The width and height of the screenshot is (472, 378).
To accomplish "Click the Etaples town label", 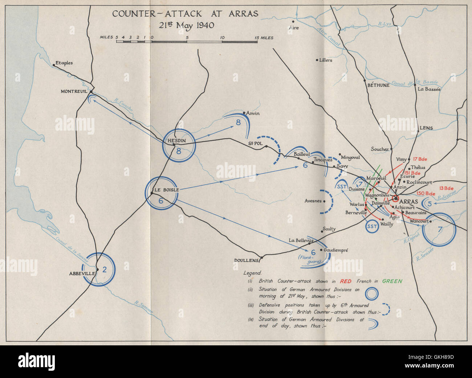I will click(x=65, y=63).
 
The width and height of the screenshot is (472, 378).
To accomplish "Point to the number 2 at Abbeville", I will click(x=105, y=269).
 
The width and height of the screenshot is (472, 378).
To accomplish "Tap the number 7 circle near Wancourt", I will click(x=440, y=229).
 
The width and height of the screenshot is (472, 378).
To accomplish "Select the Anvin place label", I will click(x=253, y=113).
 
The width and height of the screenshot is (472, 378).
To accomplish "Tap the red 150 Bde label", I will click(x=426, y=193).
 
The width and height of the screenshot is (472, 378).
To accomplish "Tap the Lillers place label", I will click(x=325, y=60).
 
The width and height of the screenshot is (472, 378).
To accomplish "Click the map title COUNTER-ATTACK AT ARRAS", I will click(x=185, y=14).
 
